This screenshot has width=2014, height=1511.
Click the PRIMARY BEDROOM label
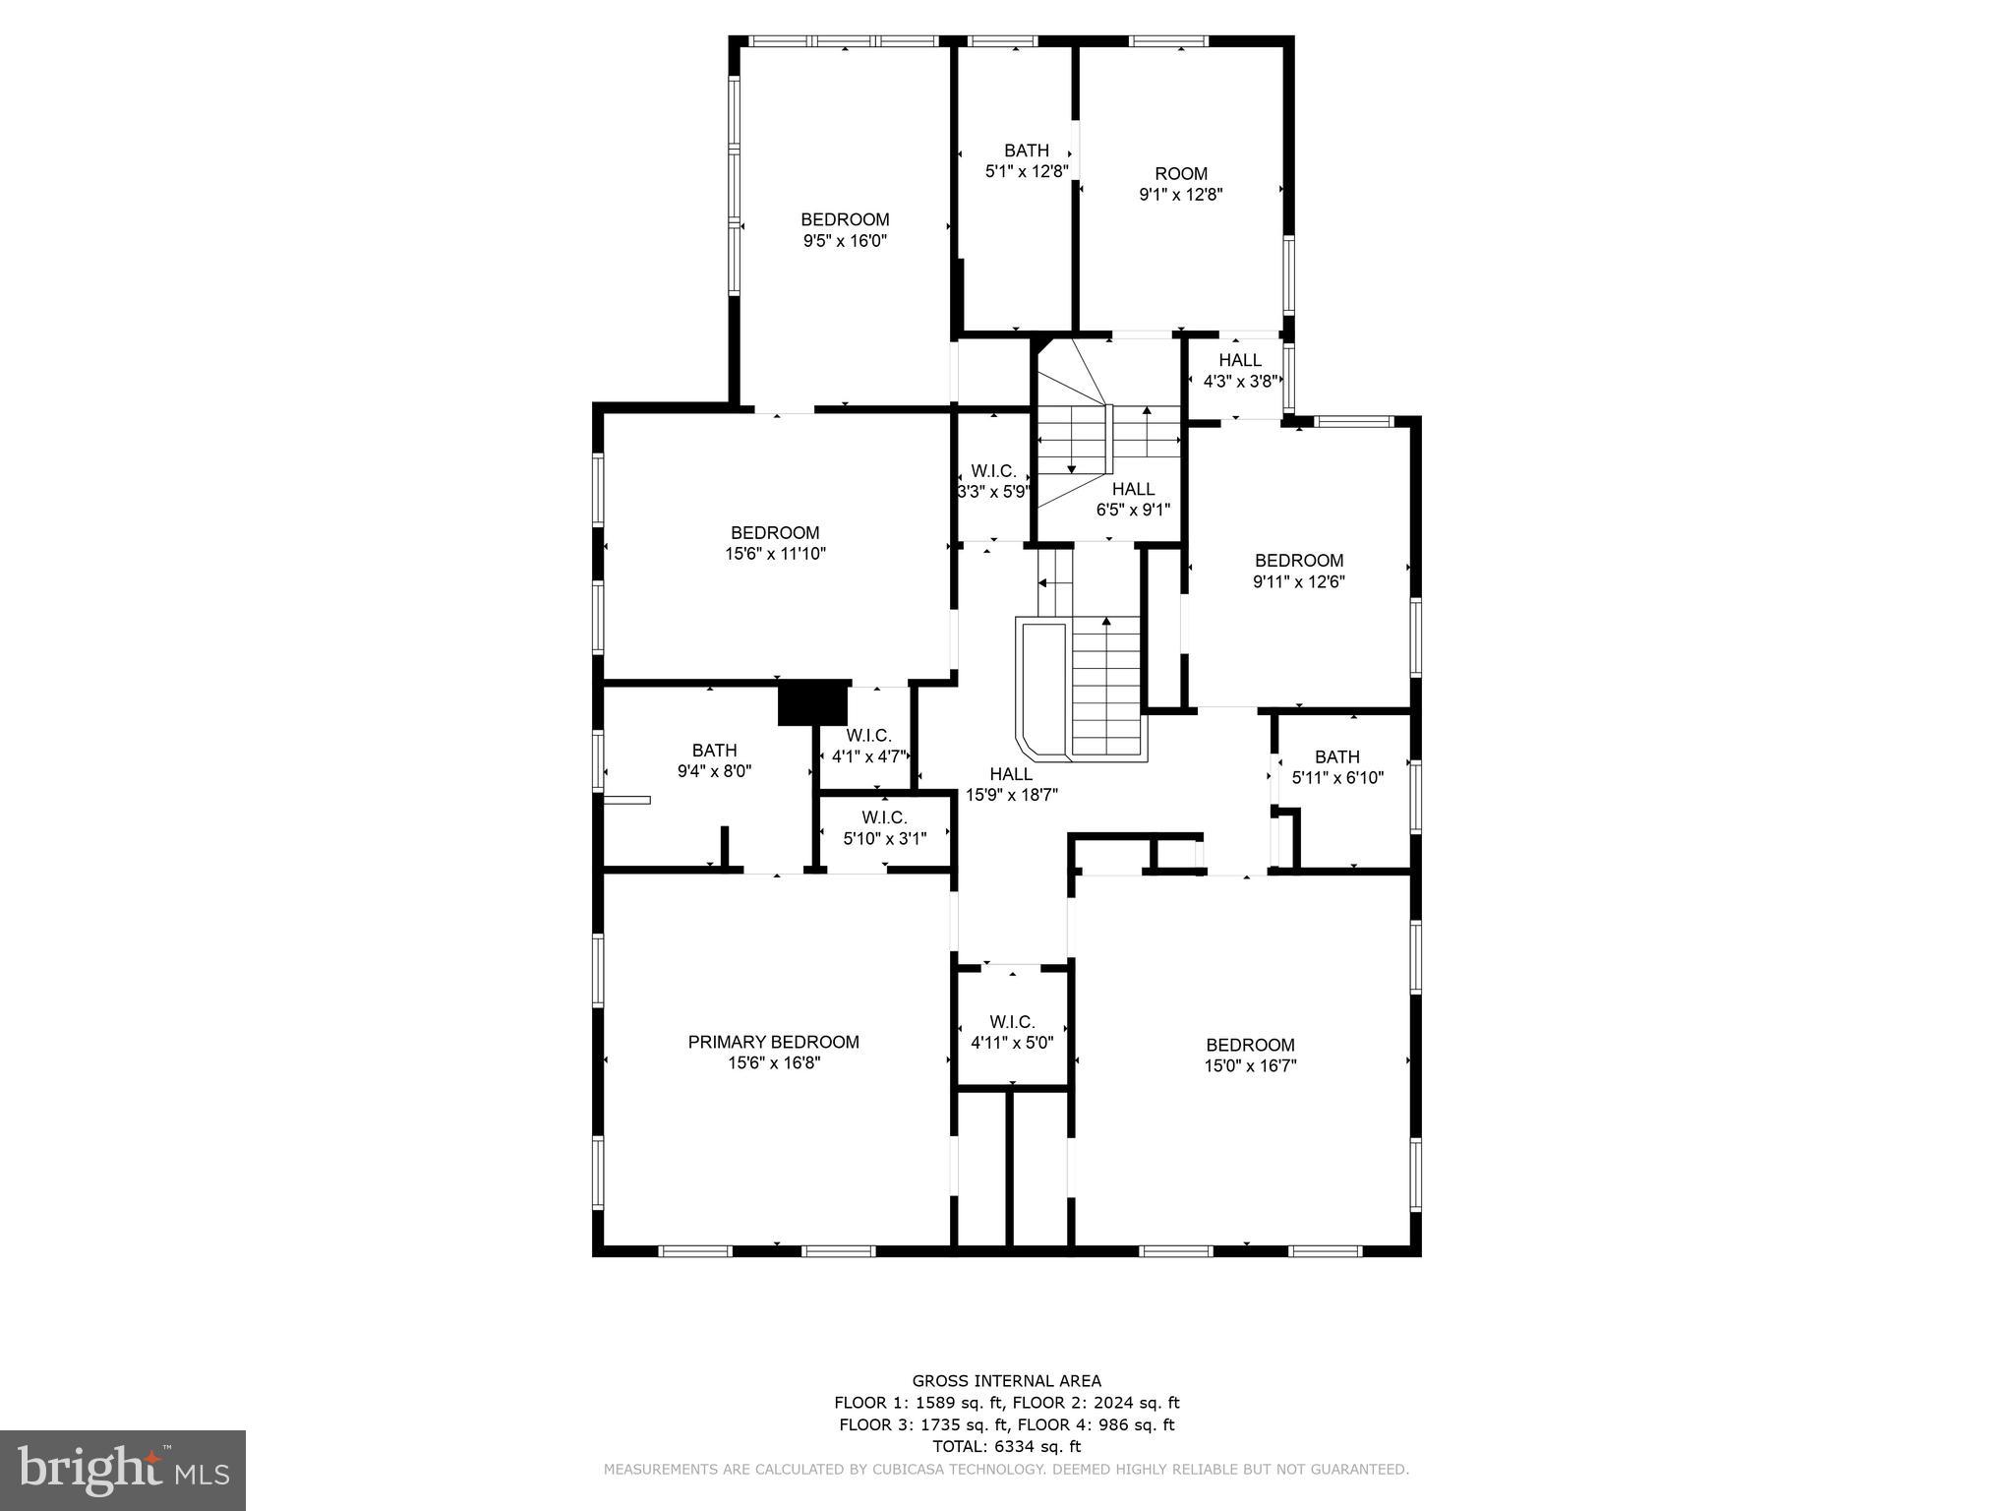[773, 1042]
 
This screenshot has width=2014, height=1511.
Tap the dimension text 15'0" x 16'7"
[1250, 1065]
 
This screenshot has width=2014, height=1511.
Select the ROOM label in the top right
[1180, 174]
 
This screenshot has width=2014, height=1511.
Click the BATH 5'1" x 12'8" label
[1026, 160]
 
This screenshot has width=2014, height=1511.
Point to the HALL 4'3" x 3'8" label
[1239, 371]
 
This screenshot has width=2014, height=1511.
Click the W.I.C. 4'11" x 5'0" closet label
[1012, 1032]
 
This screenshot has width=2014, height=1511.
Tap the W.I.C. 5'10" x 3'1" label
[884, 828]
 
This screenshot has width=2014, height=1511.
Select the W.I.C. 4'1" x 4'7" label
[868, 746]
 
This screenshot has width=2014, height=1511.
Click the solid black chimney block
[813, 702]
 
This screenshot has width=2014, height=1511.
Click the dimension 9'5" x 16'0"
[845, 240]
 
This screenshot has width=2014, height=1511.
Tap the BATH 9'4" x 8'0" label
[714, 761]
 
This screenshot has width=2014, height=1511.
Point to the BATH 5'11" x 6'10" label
[1337, 766]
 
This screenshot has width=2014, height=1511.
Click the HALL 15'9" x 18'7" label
[1011, 784]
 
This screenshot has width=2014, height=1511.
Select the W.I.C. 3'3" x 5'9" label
[993, 481]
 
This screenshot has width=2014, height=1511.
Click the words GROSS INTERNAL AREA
[1006, 1381]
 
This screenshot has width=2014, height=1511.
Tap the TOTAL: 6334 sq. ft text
[1006, 1446]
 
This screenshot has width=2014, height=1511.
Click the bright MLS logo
[123, 1470]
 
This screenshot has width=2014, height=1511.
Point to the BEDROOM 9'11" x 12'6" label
[1298, 571]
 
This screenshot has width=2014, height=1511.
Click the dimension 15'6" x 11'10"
[775, 554]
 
